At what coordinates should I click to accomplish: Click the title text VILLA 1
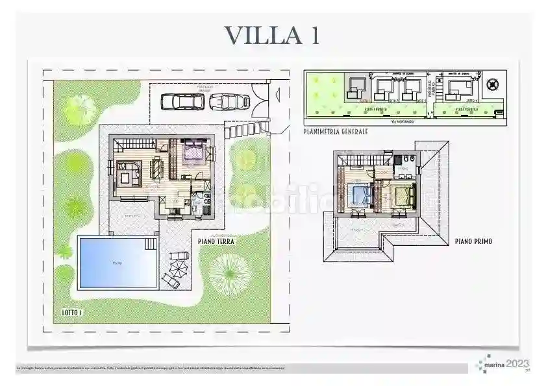271,35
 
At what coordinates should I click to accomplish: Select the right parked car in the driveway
230,101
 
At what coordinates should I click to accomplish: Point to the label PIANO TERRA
216,241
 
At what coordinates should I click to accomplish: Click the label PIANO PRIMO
473,241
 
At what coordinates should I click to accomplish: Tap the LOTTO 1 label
73,312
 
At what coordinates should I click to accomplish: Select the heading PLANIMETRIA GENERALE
335,131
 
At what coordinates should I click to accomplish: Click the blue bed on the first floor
358,193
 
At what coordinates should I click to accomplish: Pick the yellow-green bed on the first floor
401,192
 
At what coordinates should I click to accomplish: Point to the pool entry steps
151,244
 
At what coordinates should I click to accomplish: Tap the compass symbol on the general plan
493,84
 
